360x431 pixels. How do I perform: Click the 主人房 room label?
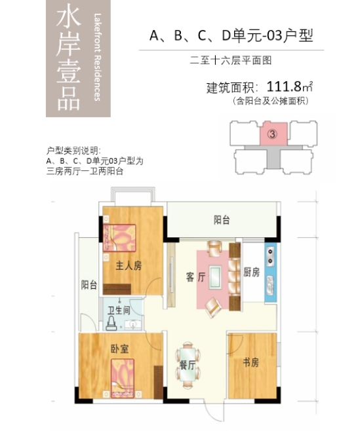[129, 265]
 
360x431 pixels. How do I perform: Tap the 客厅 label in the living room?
[196, 277]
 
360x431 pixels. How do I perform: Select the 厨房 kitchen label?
[252, 272]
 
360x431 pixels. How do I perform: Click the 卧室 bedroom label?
[119, 350]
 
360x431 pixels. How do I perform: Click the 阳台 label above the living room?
[222, 221]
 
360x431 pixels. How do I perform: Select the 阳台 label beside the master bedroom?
[89, 285]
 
